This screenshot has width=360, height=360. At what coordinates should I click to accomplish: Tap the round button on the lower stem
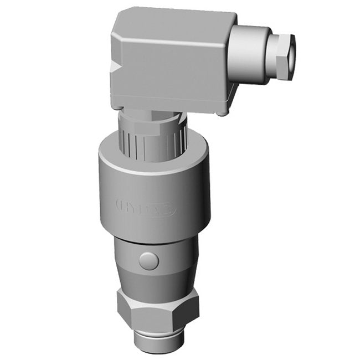[x=149, y=260]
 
